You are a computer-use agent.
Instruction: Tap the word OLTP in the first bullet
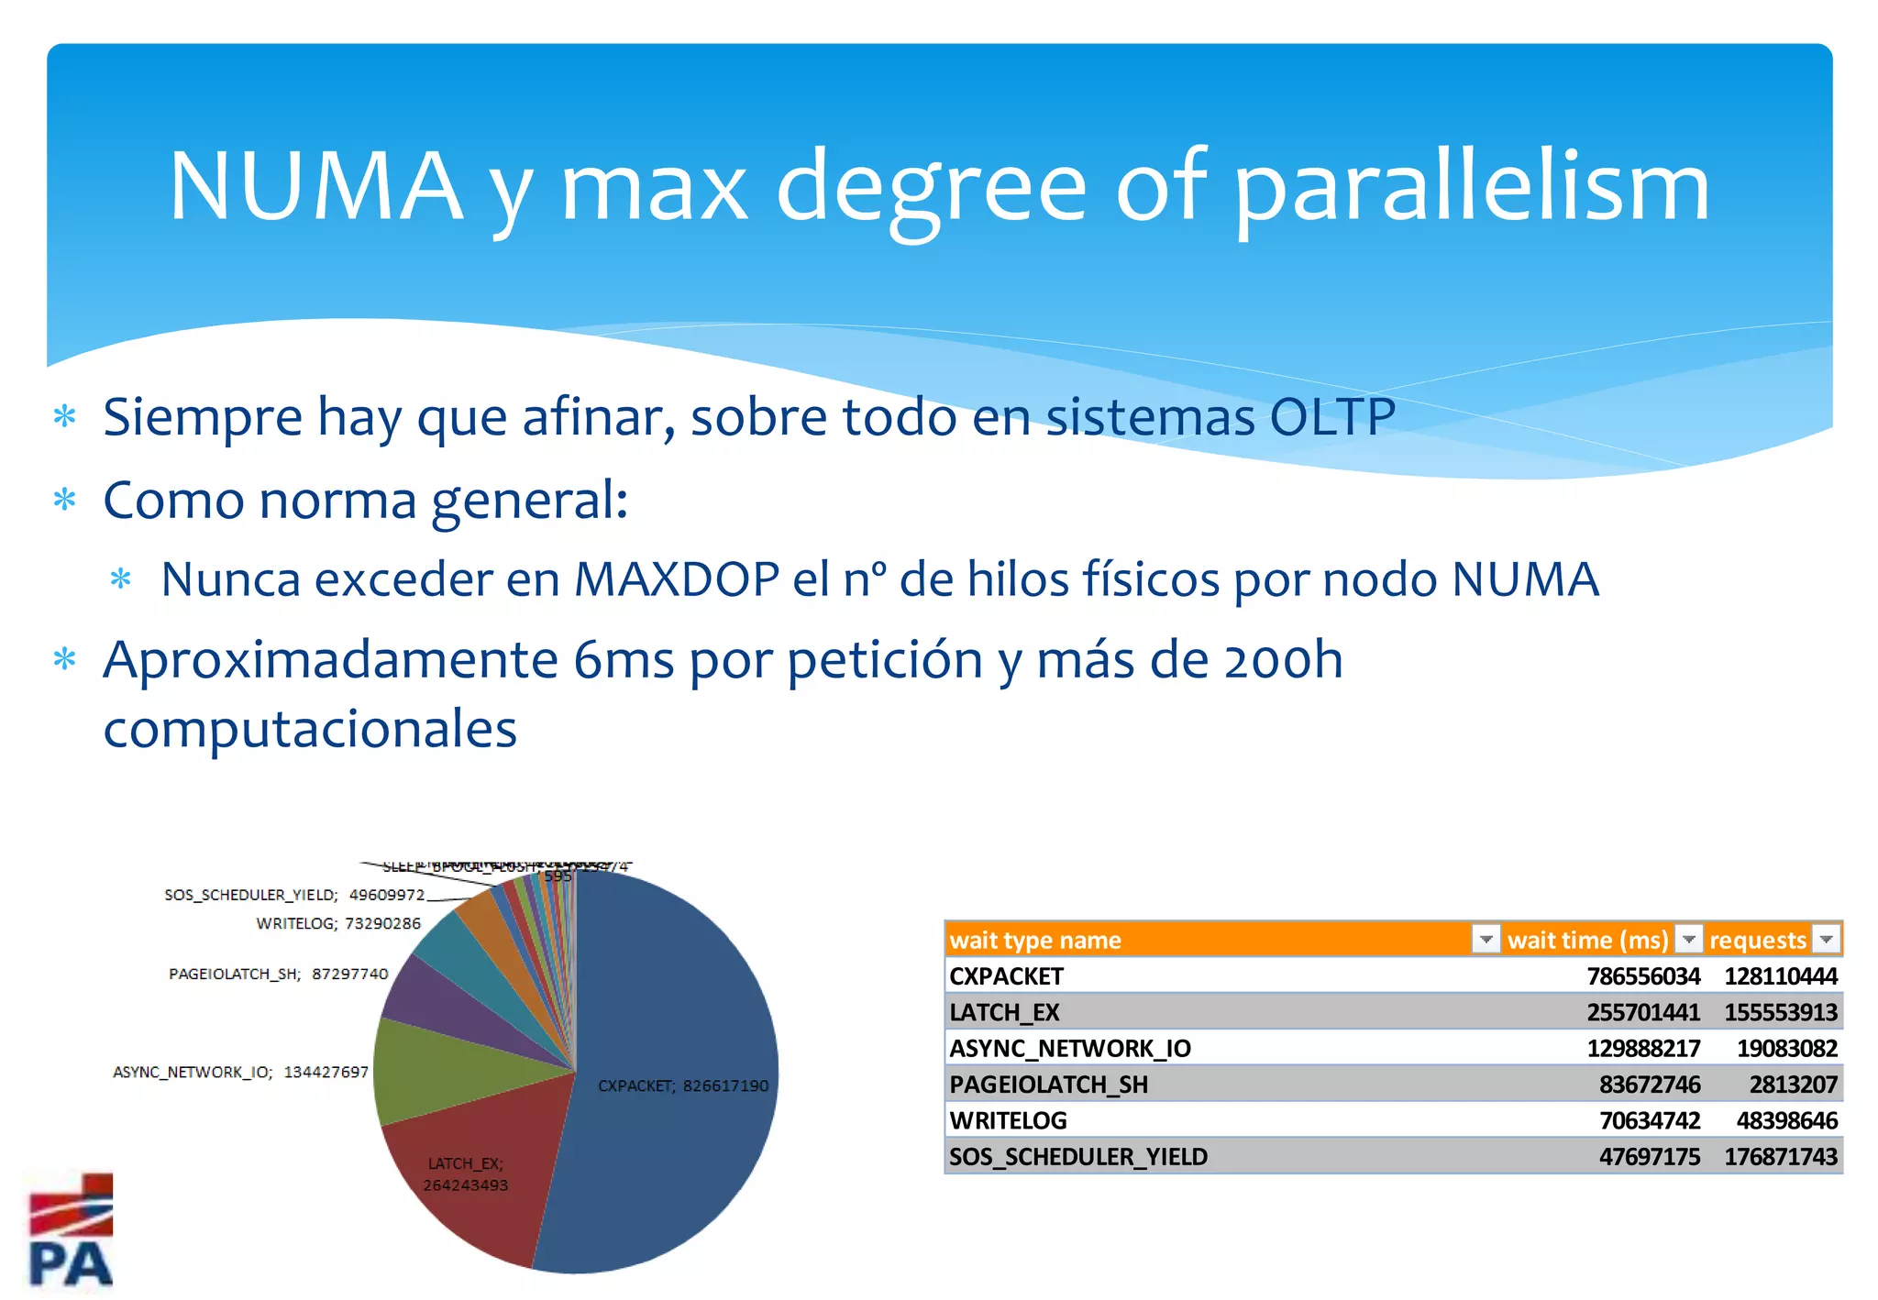[x=1331, y=417]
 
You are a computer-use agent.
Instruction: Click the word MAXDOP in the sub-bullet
[x=677, y=579]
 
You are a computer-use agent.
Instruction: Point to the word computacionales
[x=310, y=730]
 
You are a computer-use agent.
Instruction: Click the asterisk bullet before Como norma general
[x=65, y=501]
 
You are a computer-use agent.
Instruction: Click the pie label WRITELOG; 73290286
[x=338, y=923]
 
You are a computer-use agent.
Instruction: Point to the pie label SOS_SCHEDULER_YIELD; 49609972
[x=294, y=895]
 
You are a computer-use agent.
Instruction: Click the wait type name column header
[x=1036, y=940]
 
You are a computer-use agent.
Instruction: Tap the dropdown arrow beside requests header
[x=1826, y=940]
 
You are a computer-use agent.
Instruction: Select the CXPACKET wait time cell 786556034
[x=1643, y=976]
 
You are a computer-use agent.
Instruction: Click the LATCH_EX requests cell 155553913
[x=1780, y=1012]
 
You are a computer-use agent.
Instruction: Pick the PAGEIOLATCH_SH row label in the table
[x=1048, y=1085]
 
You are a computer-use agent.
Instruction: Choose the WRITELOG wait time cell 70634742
[x=1649, y=1120]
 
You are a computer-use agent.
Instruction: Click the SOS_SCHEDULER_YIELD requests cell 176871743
[x=1780, y=1157]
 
